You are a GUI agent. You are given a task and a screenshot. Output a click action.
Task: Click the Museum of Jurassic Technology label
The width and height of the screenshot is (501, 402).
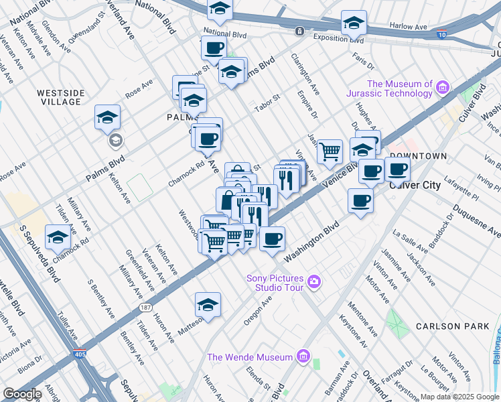(x=400, y=88)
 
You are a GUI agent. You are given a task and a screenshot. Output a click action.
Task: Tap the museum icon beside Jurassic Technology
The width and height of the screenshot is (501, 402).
(x=442, y=87)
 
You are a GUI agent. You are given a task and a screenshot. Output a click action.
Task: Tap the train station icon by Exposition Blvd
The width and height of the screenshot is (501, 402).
(x=299, y=31)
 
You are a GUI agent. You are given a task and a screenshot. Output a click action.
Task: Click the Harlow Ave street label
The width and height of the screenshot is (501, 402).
(x=409, y=27)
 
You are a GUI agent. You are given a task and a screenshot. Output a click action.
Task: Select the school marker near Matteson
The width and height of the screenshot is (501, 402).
(x=208, y=305)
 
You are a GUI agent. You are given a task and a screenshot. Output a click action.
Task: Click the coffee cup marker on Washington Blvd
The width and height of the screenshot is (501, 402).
(x=272, y=239)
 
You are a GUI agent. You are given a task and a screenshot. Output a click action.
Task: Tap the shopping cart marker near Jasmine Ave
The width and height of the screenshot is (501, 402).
(x=329, y=151)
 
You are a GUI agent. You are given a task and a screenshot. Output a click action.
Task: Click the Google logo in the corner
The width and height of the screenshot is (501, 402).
(x=22, y=394)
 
